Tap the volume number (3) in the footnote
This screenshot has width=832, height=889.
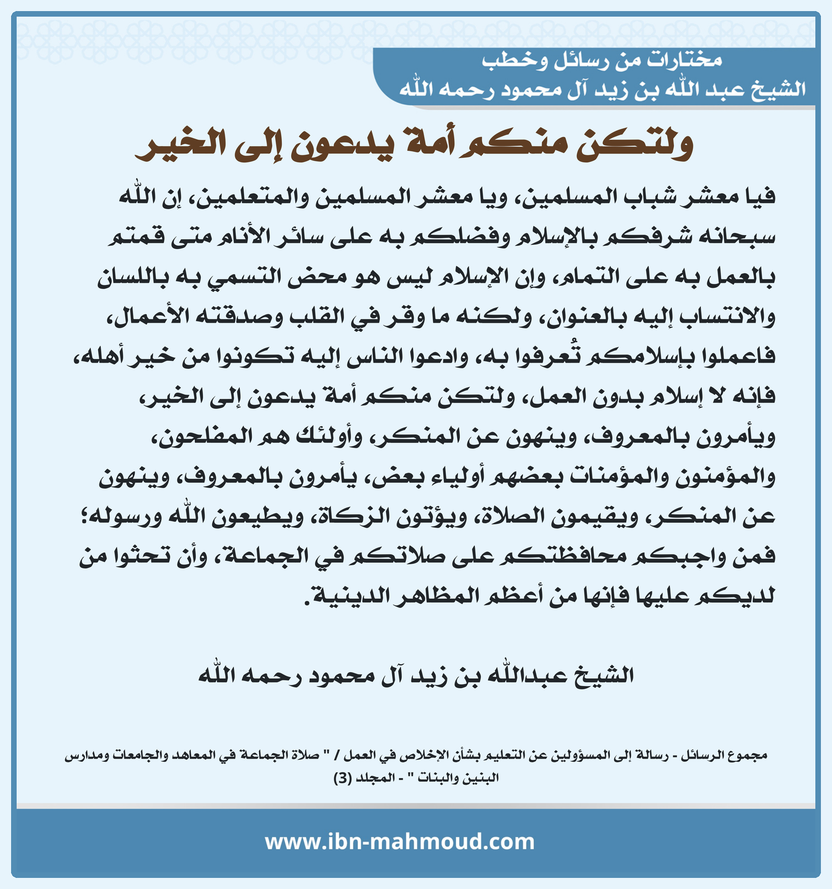[342, 778]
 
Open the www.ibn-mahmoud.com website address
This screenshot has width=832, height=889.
[399, 842]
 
